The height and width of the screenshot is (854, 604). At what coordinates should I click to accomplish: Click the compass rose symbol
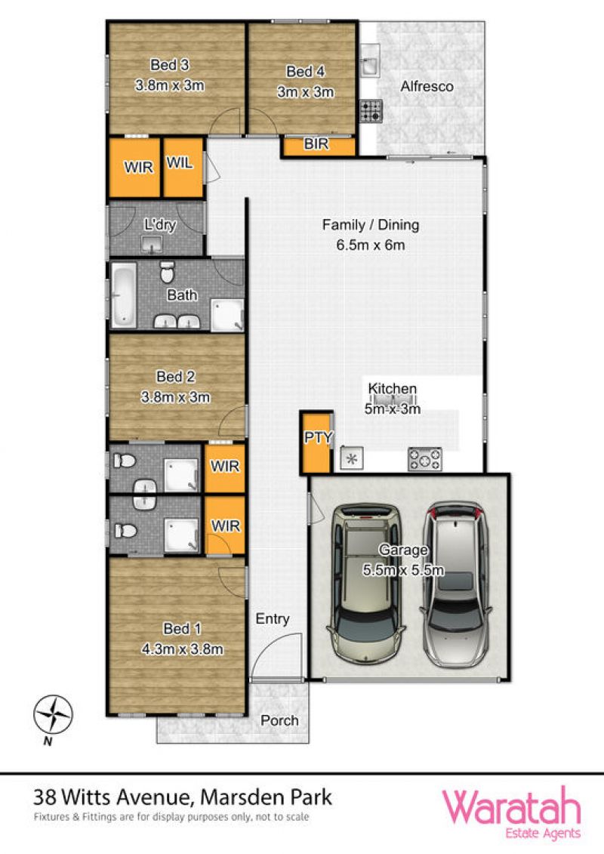click(x=53, y=714)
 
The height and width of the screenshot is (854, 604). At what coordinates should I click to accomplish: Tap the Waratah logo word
click(x=511, y=808)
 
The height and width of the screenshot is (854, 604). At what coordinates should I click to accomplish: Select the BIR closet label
click(x=316, y=144)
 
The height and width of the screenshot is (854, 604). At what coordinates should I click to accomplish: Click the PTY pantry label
click(x=318, y=437)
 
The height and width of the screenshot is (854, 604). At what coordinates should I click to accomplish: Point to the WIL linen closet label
click(x=180, y=162)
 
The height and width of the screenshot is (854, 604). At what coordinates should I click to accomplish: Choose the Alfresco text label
click(x=427, y=86)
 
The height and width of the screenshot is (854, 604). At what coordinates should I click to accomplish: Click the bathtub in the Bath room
click(x=124, y=296)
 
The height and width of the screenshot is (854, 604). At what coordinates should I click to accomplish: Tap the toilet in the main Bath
click(x=167, y=272)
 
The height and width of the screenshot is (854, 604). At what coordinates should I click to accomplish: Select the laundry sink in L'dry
click(x=152, y=245)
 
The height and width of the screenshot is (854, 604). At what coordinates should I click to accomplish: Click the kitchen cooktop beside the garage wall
click(x=425, y=459)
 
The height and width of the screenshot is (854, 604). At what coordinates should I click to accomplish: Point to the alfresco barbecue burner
click(x=371, y=110)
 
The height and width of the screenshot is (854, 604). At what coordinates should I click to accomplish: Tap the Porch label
click(x=279, y=720)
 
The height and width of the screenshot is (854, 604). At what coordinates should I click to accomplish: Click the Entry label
click(x=273, y=619)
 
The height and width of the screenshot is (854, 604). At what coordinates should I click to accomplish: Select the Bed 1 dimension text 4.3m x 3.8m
click(x=183, y=649)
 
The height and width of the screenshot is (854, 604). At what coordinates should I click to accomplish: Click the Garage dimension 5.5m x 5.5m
click(x=403, y=570)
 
